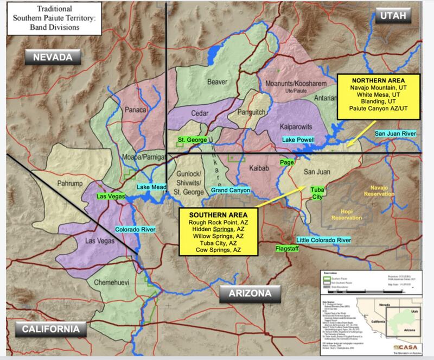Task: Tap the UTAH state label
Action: pyautogui.click(x=393, y=16)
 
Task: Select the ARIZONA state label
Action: pyautogui.click(x=250, y=295)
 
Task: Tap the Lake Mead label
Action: pyautogui.click(x=151, y=187)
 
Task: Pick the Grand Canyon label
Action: pyautogui.click(x=230, y=191)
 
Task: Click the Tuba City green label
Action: pyautogui.click(x=316, y=193)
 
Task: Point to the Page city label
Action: pyautogui.click(x=287, y=162)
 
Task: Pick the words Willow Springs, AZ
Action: pyautogui.click(x=218, y=237)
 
